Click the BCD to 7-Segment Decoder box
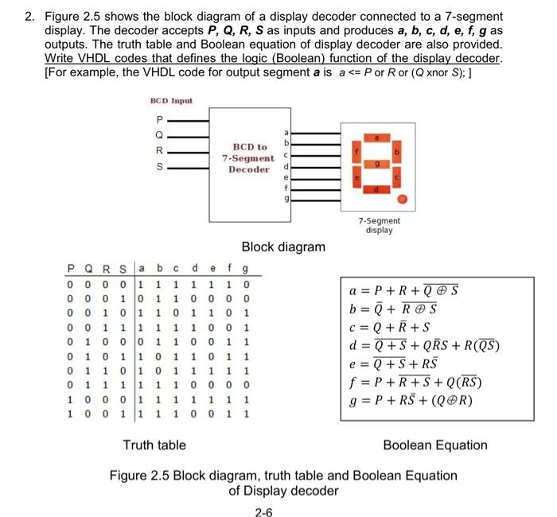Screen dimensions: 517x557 (x=249, y=157)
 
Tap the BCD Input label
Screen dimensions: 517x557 (x=171, y=101)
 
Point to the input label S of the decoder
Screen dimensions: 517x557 (x=158, y=168)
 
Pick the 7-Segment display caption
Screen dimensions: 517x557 (x=380, y=225)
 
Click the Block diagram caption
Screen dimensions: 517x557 (x=283, y=247)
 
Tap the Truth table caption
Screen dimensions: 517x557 (x=154, y=445)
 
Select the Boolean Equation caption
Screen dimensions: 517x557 (x=435, y=445)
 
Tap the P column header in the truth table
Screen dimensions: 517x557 (x=71, y=268)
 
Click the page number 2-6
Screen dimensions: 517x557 (x=263, y=511)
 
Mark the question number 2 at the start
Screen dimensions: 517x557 (x=26, y=17)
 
